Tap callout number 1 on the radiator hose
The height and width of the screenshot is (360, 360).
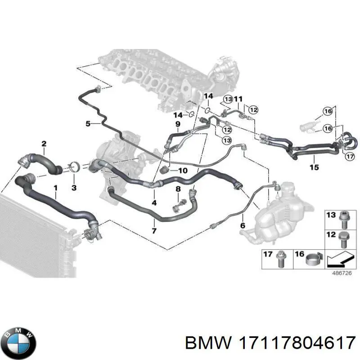point(55,187)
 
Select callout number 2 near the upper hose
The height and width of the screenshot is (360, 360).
point(44,144)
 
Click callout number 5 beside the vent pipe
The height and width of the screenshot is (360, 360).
point(88,123)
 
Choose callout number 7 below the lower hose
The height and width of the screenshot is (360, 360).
point(154,231)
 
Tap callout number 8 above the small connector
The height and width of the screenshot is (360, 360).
point(178,189)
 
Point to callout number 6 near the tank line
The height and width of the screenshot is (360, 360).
point(243,226)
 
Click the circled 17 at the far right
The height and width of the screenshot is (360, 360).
point(350,157)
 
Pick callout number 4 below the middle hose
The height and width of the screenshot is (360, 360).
point(154,203)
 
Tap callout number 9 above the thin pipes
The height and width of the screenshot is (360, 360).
point(178,124)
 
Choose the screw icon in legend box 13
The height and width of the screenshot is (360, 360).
point(343,218)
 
